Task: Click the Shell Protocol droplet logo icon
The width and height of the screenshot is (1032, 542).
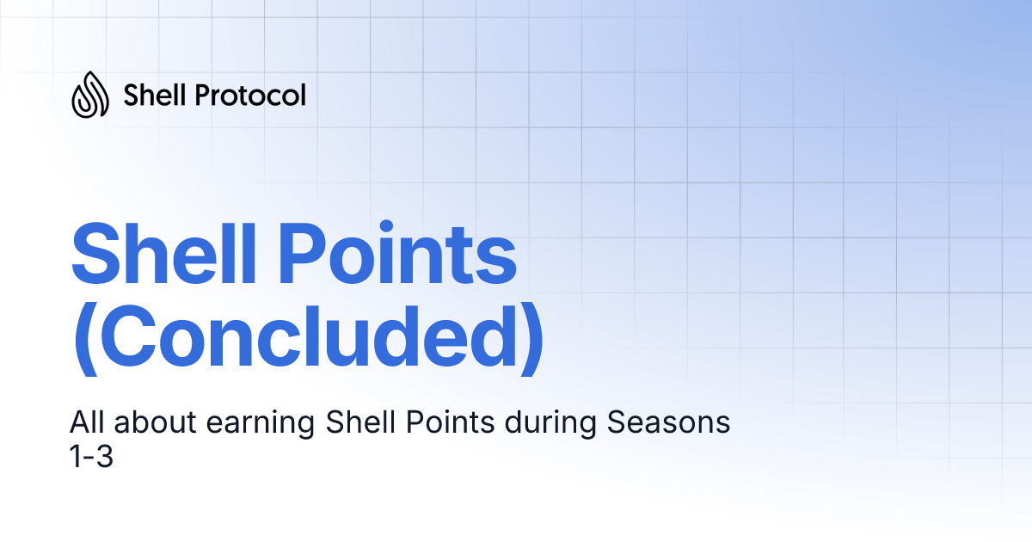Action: click(x=90, y=95)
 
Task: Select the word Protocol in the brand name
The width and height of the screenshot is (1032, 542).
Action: click(x=250, y=95)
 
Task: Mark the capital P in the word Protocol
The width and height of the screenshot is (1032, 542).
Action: click(x=203, y=95)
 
